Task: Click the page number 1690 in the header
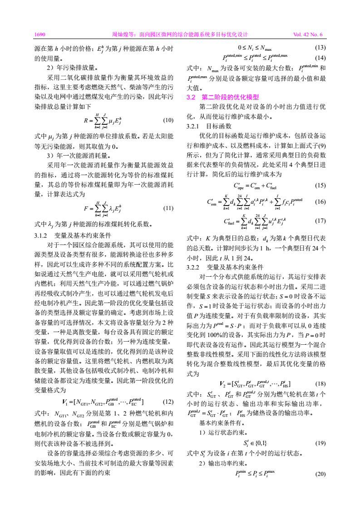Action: point(39,34)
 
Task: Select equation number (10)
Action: point(168,121)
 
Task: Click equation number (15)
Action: point(320,185)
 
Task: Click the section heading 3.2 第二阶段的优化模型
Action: point(223,97)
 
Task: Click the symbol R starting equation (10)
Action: point(86,121)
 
